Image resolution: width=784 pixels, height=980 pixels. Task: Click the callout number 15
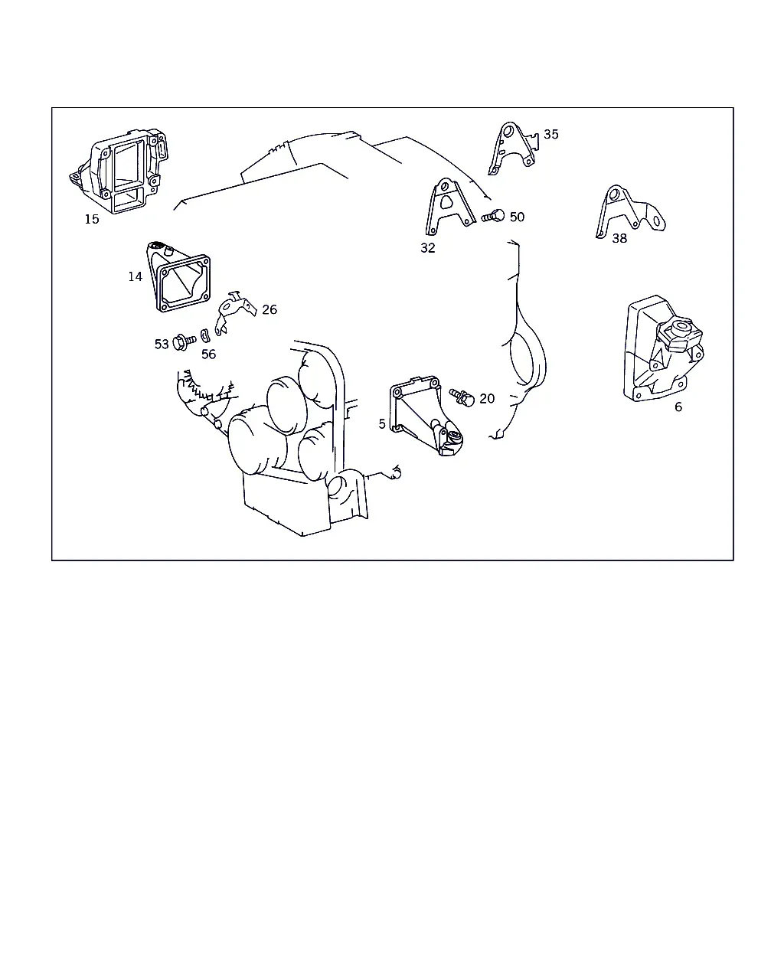92,219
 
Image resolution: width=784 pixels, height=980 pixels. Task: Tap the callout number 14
136,276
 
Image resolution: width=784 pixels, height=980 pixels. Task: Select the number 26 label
269,309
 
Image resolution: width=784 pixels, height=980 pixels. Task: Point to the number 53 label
162,345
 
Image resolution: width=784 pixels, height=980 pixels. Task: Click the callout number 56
209,354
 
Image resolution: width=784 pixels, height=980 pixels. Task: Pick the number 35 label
551,134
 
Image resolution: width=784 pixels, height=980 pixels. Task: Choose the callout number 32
428,248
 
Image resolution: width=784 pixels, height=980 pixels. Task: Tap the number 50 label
517,217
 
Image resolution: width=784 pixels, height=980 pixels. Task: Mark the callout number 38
619,238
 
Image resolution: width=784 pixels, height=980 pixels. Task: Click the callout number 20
487,398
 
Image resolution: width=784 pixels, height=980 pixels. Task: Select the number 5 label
382,424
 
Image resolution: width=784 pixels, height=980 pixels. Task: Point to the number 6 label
678,407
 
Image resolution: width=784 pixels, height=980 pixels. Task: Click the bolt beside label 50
493,216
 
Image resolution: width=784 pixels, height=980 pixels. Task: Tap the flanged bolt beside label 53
184,342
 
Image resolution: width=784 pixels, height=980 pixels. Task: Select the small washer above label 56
205,335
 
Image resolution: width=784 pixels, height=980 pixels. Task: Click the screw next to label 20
462,397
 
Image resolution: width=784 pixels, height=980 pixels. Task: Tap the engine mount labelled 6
663,349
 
